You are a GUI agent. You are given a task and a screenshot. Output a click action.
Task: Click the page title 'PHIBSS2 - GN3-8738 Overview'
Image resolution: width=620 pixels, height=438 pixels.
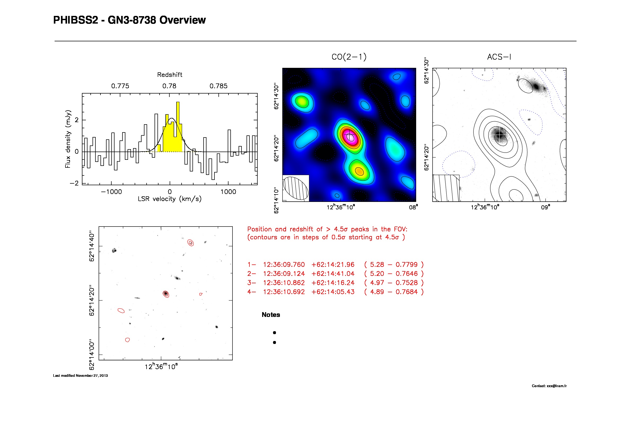tap(129, 20)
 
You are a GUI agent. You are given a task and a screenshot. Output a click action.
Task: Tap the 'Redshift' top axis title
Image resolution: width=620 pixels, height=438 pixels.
tap(170, 75)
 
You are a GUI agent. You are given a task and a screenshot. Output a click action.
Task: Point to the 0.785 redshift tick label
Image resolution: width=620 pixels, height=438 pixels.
tap(218, 86)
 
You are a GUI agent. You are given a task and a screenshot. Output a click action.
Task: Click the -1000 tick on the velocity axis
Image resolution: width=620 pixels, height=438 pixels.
tap(111, 192)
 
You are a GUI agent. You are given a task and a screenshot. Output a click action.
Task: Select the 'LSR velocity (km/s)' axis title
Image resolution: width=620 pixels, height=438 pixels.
tap(170, 199)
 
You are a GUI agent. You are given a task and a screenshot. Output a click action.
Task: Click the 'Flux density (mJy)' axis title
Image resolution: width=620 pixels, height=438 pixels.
tap(68, 139)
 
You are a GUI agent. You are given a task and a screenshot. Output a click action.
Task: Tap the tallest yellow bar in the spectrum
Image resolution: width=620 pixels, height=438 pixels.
tap(178, 127)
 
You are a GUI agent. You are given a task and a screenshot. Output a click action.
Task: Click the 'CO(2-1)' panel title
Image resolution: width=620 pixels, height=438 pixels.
tap(349, 57)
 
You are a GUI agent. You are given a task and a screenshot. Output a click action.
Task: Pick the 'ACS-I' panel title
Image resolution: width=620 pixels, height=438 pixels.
tap(499, 57)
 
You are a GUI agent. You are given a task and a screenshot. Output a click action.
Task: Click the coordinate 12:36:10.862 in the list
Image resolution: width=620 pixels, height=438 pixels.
tap(284, 283)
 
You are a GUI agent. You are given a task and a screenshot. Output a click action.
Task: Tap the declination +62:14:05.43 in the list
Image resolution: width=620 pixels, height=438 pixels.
tap(333, 292)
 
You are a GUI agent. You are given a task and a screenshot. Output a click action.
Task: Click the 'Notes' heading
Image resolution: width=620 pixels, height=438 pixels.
tap(271, 315)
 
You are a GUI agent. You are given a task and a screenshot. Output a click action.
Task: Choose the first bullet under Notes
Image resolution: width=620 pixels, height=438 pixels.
tap(274, 333)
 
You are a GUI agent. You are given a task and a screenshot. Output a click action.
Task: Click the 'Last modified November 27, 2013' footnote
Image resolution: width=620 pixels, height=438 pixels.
tap(81, 376)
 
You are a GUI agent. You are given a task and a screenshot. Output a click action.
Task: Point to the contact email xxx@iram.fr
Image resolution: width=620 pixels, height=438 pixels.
tap(557, 386)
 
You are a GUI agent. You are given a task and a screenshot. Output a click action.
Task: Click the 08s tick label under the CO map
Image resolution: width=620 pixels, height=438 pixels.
tap(413, 207)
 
